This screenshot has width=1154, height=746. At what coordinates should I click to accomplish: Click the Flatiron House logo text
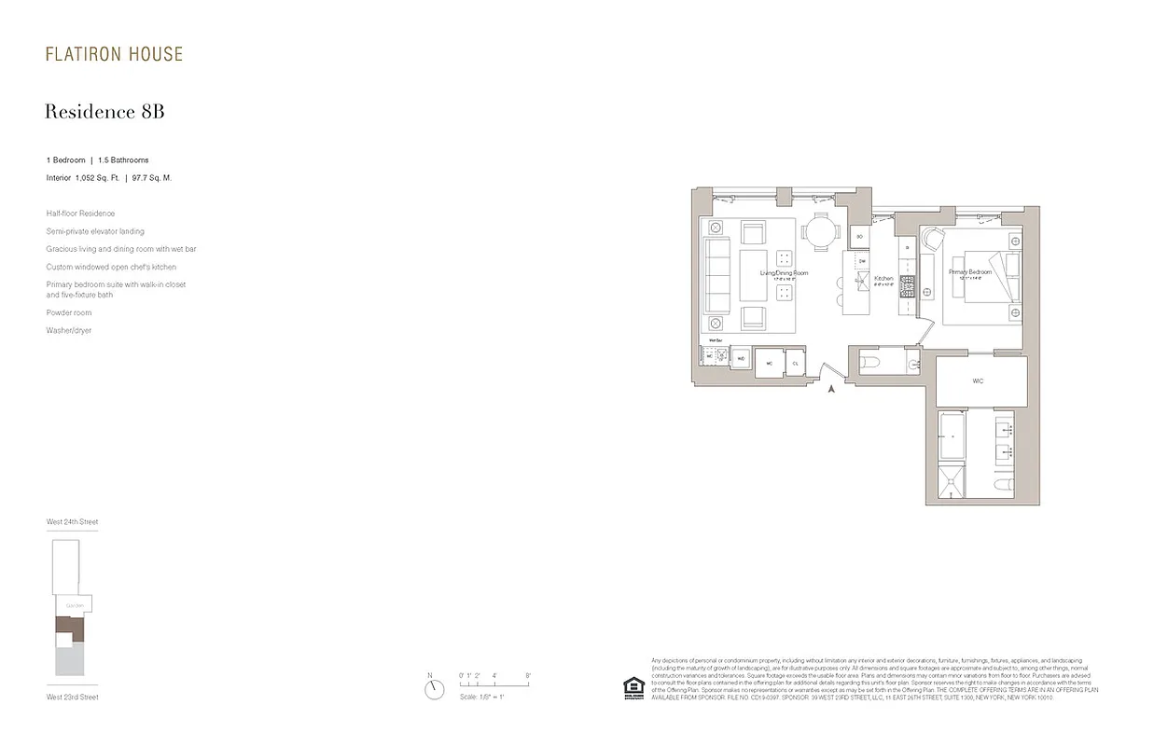coord(114,54)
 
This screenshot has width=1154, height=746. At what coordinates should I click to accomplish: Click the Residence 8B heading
coord(104,112)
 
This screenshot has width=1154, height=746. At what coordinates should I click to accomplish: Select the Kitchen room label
coord(883,279)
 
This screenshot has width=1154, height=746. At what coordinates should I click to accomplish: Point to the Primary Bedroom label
coord(970,272)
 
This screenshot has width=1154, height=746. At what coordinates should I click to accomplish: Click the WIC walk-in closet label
coord(978,381)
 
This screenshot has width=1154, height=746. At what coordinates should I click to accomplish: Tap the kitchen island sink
coord(863,278)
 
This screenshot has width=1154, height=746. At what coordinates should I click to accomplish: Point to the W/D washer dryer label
coord(741,358)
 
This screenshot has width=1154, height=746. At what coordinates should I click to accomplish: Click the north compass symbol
coord(434,689)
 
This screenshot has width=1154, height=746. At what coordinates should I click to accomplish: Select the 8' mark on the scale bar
coord(528,675)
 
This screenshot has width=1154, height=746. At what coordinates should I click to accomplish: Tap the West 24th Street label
coord(73,522)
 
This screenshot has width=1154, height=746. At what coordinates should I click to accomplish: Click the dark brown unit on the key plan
coord(70,628)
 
